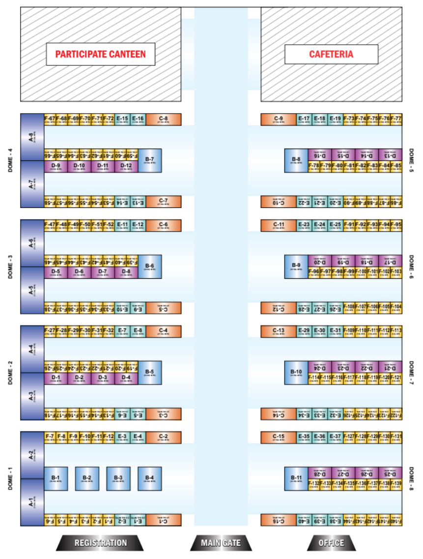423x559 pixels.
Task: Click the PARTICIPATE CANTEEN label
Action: click(100, 54)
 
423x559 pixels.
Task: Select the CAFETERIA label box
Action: click(331, 54)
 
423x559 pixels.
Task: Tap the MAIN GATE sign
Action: click(221, 543)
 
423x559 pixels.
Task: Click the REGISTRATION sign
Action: click(100, 543)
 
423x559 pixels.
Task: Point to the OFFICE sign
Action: click(331, 543)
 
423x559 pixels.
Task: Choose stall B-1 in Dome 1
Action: click(56, 478)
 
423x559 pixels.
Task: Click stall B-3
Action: click(118, 478)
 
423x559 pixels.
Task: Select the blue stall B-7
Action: click(150, 160)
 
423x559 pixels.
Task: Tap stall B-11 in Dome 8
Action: click(296, 478)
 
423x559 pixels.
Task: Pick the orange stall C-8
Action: click(164, 119)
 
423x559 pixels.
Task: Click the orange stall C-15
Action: click(279, 437)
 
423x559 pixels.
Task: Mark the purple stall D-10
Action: click(79, 166)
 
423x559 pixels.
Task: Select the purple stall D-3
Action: click(103, 378)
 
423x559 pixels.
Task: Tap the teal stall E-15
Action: click(122, 119)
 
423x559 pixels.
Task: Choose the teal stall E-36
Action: click(320, 437)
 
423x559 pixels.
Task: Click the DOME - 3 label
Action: click(10, 266)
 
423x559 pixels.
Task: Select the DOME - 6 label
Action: click(412, 266)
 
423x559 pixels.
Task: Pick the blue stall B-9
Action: click(296, 266)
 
